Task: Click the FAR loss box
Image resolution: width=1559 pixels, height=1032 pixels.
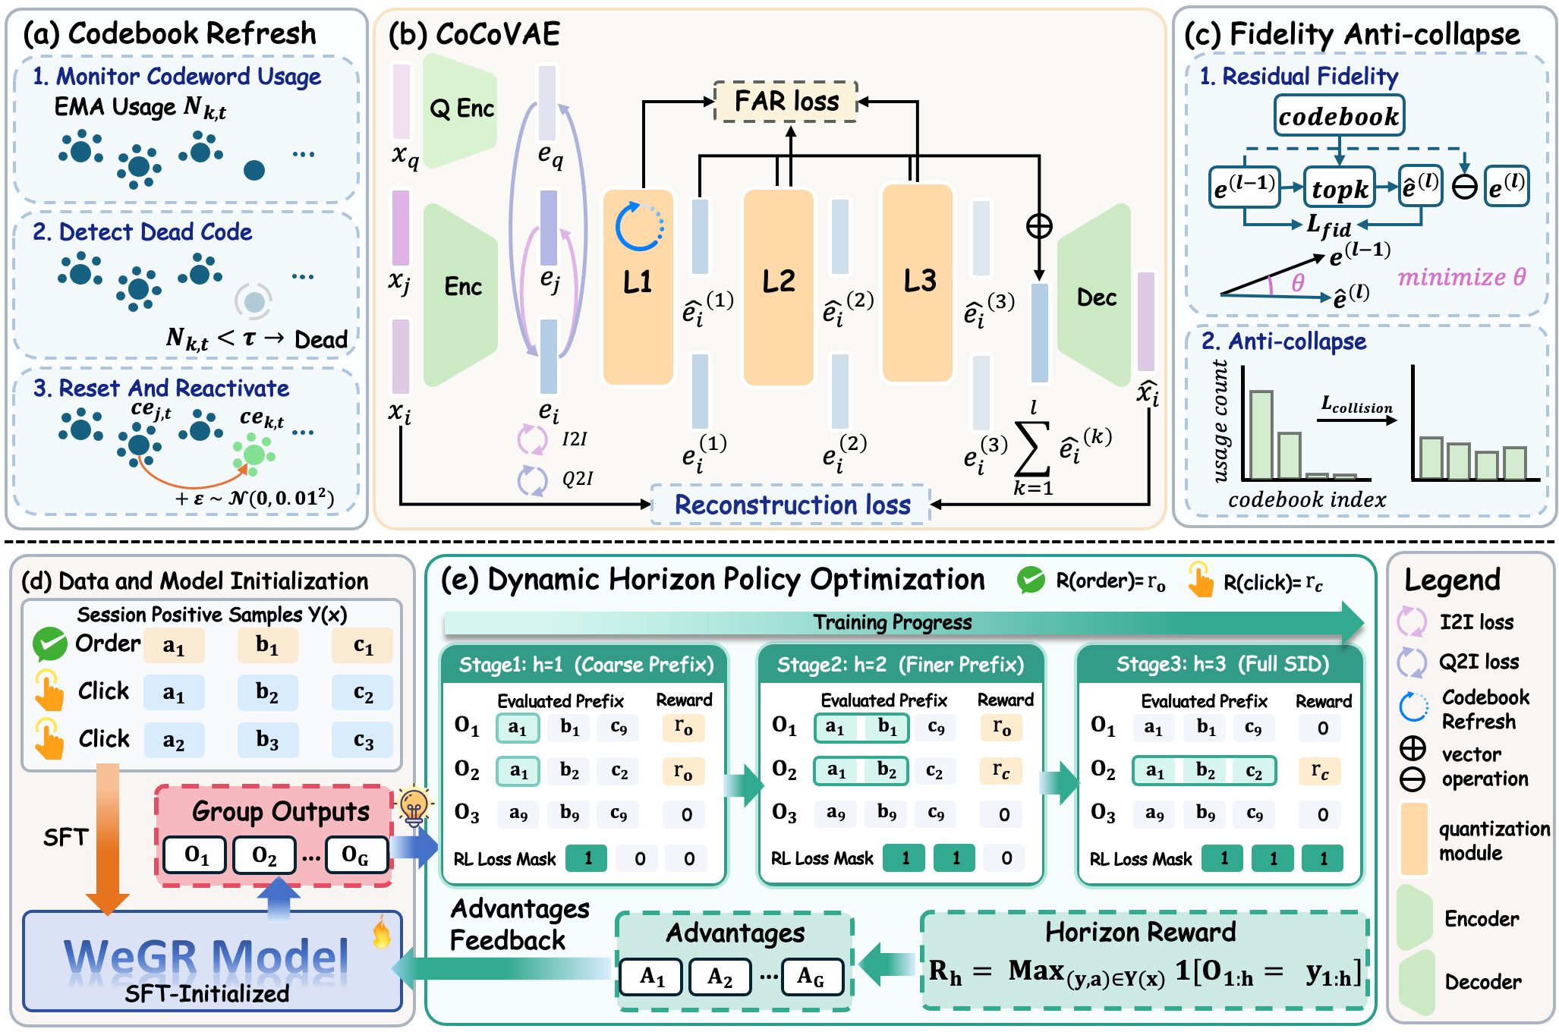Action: pos(786,101)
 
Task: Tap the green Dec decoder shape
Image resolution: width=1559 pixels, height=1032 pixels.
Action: pos(1094,296)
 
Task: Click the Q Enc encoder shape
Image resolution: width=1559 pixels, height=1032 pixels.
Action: pos(460,110)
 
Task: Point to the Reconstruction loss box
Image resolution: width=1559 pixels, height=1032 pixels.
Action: pos(792,505)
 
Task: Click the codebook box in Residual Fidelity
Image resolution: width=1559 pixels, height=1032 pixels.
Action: pos(1339,116)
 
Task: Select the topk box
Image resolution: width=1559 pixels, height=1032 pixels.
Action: pos(1340,188)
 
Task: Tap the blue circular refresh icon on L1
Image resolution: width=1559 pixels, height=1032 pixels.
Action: pos(639,226)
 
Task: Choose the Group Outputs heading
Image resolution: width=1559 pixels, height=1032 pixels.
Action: pos(281,811)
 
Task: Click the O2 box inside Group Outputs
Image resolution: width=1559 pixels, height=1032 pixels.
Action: pos(264,856)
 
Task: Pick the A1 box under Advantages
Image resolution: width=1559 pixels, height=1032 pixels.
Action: pos(651,977)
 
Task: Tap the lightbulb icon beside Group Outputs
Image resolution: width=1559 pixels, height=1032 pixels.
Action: pos(414,807)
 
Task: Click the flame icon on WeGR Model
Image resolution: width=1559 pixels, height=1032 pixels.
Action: pos(382,933)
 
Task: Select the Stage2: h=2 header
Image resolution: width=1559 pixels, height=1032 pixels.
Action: pos(900,665)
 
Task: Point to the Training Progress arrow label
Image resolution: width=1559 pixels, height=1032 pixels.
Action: pos(893,623)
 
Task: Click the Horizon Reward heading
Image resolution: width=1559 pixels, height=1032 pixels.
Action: pos(1140,932)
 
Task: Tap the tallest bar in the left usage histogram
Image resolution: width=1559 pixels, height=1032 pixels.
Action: pos(1261,435)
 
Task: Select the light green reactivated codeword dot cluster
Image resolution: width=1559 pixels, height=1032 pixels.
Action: pos(254,455)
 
